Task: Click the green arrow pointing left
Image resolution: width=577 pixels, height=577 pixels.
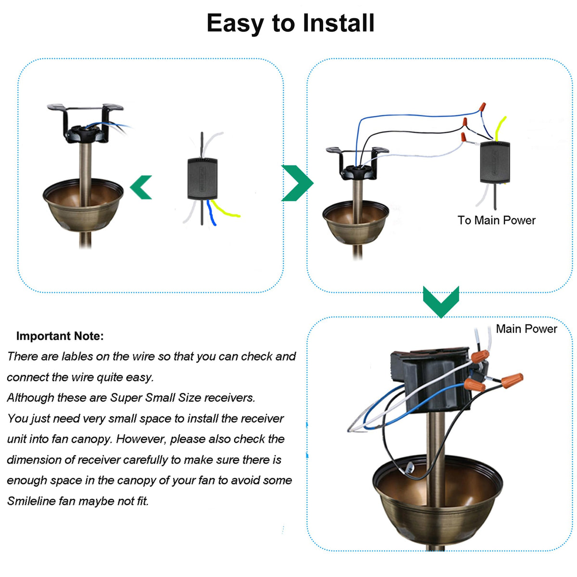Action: [142, 187]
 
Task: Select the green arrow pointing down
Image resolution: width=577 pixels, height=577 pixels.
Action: [441, 301]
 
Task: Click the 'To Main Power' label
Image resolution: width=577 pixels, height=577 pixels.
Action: [496, 220]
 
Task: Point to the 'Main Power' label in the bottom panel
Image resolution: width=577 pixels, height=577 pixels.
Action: [526, 329]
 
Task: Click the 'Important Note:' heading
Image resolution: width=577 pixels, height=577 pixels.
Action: [60, 336]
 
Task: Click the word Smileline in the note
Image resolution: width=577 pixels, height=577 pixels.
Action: [31, 501]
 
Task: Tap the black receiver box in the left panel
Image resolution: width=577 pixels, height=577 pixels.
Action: [202, 178]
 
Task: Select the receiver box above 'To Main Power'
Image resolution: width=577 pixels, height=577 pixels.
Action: [495, 162]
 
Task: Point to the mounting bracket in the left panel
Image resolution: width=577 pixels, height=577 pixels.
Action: [85, 123]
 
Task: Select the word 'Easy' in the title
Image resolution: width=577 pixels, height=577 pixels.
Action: [236, 23]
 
